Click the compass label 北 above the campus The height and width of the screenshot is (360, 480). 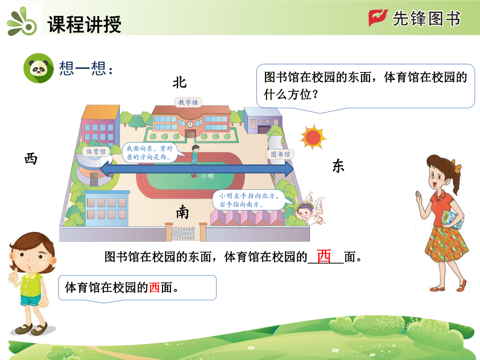point(180,83)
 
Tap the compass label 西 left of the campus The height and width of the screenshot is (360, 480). point(31,159)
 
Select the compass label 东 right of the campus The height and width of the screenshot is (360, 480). point(338,166)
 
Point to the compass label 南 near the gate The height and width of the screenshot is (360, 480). point(182,212)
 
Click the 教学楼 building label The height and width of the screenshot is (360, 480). point(188,102)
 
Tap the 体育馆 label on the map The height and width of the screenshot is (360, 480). point(96,152)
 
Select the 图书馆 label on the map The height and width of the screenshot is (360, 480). point(280,154)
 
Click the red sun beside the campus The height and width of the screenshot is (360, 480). point(313,137)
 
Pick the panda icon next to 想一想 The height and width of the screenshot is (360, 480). point(38,68)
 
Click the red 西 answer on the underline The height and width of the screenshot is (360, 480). point(324,256)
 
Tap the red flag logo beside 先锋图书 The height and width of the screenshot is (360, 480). point(378,18)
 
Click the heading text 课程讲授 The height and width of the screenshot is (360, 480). point(84,24)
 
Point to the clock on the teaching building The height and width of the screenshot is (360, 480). point(190,124)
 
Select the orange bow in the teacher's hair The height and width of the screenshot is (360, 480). point(457,167)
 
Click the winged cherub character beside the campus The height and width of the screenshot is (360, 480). point(310,209)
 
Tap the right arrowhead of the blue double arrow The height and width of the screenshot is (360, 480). point(289,169)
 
